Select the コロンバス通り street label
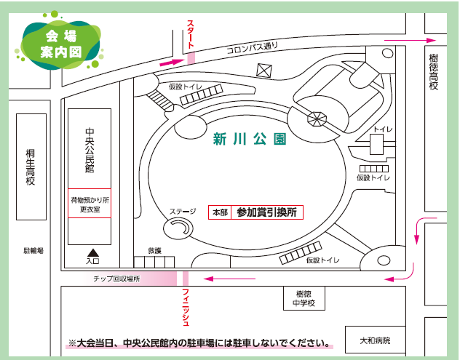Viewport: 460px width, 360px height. tap(253, 50)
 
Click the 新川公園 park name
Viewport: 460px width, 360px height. tap(248, 138)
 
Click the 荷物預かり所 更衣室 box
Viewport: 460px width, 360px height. tap(90, 204)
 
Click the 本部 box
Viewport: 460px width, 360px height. tap(219, 212)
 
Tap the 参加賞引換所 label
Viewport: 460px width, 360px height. tap(266, 212)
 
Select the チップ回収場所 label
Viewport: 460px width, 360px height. tap(116, 279)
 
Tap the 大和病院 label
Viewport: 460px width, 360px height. tap(376, 340)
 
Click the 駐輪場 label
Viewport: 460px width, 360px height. tap(34, 250)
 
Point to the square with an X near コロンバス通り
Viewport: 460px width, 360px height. tap(263, 71)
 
